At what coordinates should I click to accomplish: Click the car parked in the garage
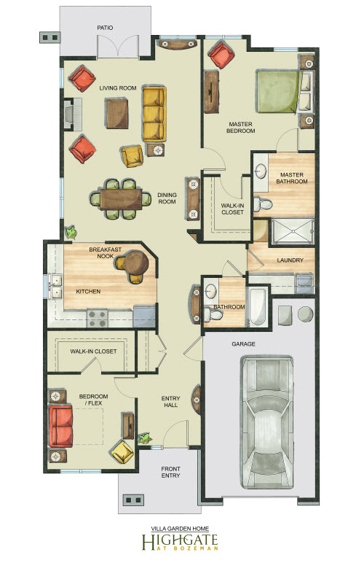point(267,422)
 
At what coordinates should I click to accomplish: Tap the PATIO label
point(105,28)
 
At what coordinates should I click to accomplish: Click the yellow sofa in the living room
point(154,114)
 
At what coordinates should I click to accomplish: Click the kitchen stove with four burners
point(98,319)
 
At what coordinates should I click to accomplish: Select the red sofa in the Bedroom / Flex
point(61,426)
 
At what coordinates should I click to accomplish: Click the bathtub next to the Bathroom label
point(258,306)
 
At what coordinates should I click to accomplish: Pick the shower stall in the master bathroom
point(293,231)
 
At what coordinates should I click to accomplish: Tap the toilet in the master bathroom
point(262,204)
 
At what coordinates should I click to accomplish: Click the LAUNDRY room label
point(290,260)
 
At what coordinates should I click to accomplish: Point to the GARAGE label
point(243,343)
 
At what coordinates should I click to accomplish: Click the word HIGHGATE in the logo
point(180,540)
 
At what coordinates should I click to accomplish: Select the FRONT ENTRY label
point(170,472)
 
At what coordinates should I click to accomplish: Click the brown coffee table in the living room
point(116,114)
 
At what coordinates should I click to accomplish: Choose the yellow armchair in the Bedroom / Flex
point(122,451)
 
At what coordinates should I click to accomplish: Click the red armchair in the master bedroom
point(221,55)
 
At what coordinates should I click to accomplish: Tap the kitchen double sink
point(55,286)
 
